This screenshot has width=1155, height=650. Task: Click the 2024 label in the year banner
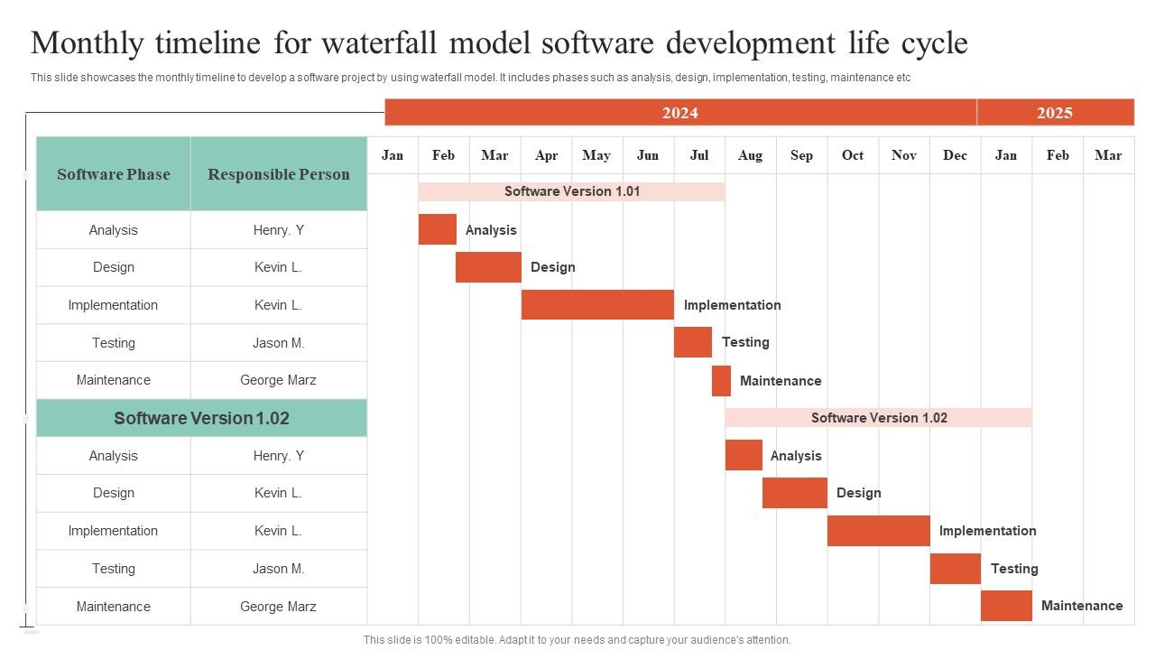(x=679, y=113)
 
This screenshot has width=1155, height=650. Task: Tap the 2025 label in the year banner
(x=1054, y=113)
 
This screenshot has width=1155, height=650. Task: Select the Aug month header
(x=750, y=155)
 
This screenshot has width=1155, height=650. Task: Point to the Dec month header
(x=955, y=155)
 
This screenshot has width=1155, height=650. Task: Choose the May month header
(x=596, y=155)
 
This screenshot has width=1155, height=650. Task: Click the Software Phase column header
(x=113, y=174)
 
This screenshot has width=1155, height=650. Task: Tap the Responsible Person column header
(x=278, y=174)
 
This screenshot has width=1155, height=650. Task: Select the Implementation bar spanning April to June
(x=597, y=305)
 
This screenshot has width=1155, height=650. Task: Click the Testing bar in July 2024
(x=692, y=343)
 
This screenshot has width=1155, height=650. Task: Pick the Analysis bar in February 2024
(x=437, y=229)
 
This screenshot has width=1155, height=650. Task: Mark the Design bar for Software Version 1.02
(x=794, y=493)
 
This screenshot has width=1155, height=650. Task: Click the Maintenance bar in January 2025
(x=1005, y=606)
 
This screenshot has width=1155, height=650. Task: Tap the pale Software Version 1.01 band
(x=571, y=191)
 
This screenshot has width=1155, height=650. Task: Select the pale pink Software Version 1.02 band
(x=878, y=417)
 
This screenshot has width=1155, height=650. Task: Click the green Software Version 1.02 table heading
(x=201, y=418)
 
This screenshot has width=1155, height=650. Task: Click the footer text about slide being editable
(x=577, y=639)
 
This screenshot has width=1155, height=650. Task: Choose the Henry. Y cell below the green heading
(x=278, y=456)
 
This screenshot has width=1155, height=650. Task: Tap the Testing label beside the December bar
(x=1014, y=569)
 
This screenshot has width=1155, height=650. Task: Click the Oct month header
(x=852, y=155)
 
